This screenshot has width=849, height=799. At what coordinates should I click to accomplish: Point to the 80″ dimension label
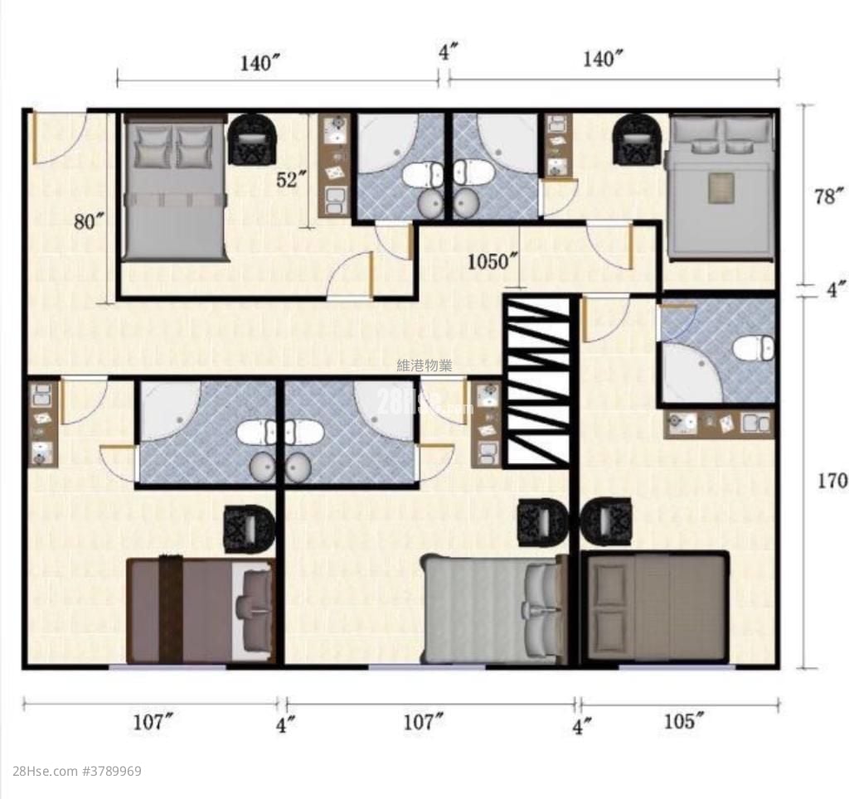89,221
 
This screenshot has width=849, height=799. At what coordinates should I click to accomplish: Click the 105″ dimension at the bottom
685,722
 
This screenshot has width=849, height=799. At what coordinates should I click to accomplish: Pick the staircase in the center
538,381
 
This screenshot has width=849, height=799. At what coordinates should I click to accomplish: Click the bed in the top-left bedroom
174,188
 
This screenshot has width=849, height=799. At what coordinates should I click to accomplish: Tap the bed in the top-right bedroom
720,186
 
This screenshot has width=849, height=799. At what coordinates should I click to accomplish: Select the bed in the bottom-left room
201,610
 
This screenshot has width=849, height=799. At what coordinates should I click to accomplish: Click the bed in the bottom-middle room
494,609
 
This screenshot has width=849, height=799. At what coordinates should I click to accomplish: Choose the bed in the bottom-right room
655,607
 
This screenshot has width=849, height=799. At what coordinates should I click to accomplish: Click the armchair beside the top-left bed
252,138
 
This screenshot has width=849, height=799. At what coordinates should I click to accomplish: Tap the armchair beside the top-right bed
637,139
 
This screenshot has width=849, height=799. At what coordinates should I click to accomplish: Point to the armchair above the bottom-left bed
249,529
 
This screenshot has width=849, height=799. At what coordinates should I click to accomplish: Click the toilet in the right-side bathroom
754,347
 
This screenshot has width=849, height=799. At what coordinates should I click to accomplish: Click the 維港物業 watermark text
424,366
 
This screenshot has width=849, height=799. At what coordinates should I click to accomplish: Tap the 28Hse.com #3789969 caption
70,771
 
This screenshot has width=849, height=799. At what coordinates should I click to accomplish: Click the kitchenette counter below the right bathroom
719,424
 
